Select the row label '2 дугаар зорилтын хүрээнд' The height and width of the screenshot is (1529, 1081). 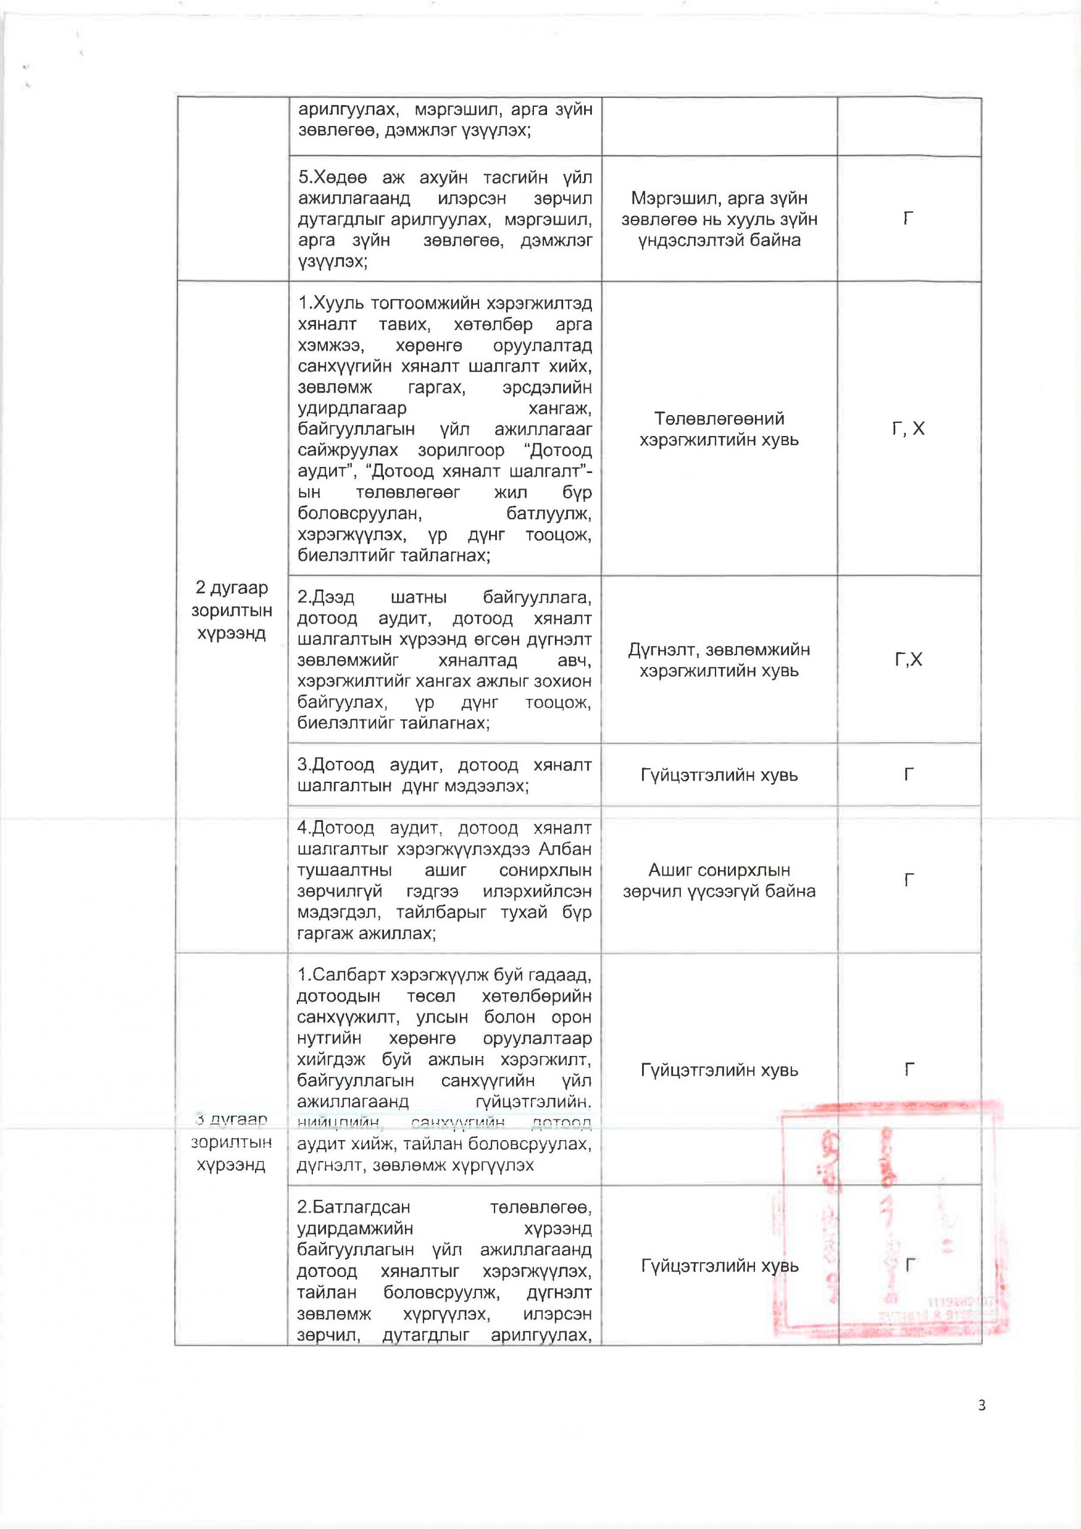(232, 610)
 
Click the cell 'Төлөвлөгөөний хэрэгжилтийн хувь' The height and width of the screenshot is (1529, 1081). (718, 429)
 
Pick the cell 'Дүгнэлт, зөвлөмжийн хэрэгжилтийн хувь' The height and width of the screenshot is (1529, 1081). (718, 660)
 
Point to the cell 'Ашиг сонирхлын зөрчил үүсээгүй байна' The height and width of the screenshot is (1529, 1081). (718, 880)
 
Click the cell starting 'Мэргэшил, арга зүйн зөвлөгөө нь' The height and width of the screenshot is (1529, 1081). (718, 219)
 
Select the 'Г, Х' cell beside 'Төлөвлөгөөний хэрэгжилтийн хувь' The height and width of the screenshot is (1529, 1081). (908, 429)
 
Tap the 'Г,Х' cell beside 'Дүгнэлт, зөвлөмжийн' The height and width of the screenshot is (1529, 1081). (908, 660)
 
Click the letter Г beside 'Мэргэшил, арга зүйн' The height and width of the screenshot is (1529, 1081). (908, 219)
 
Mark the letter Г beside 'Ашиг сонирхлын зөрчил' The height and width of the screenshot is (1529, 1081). (908, 880)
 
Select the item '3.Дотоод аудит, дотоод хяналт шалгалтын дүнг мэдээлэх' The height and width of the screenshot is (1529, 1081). (445, 775)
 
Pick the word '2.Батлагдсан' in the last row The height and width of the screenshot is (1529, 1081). (353, 1207)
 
